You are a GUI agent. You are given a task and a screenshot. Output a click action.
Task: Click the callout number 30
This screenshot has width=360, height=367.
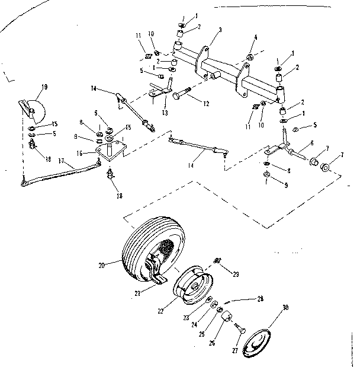click(285, 308)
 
